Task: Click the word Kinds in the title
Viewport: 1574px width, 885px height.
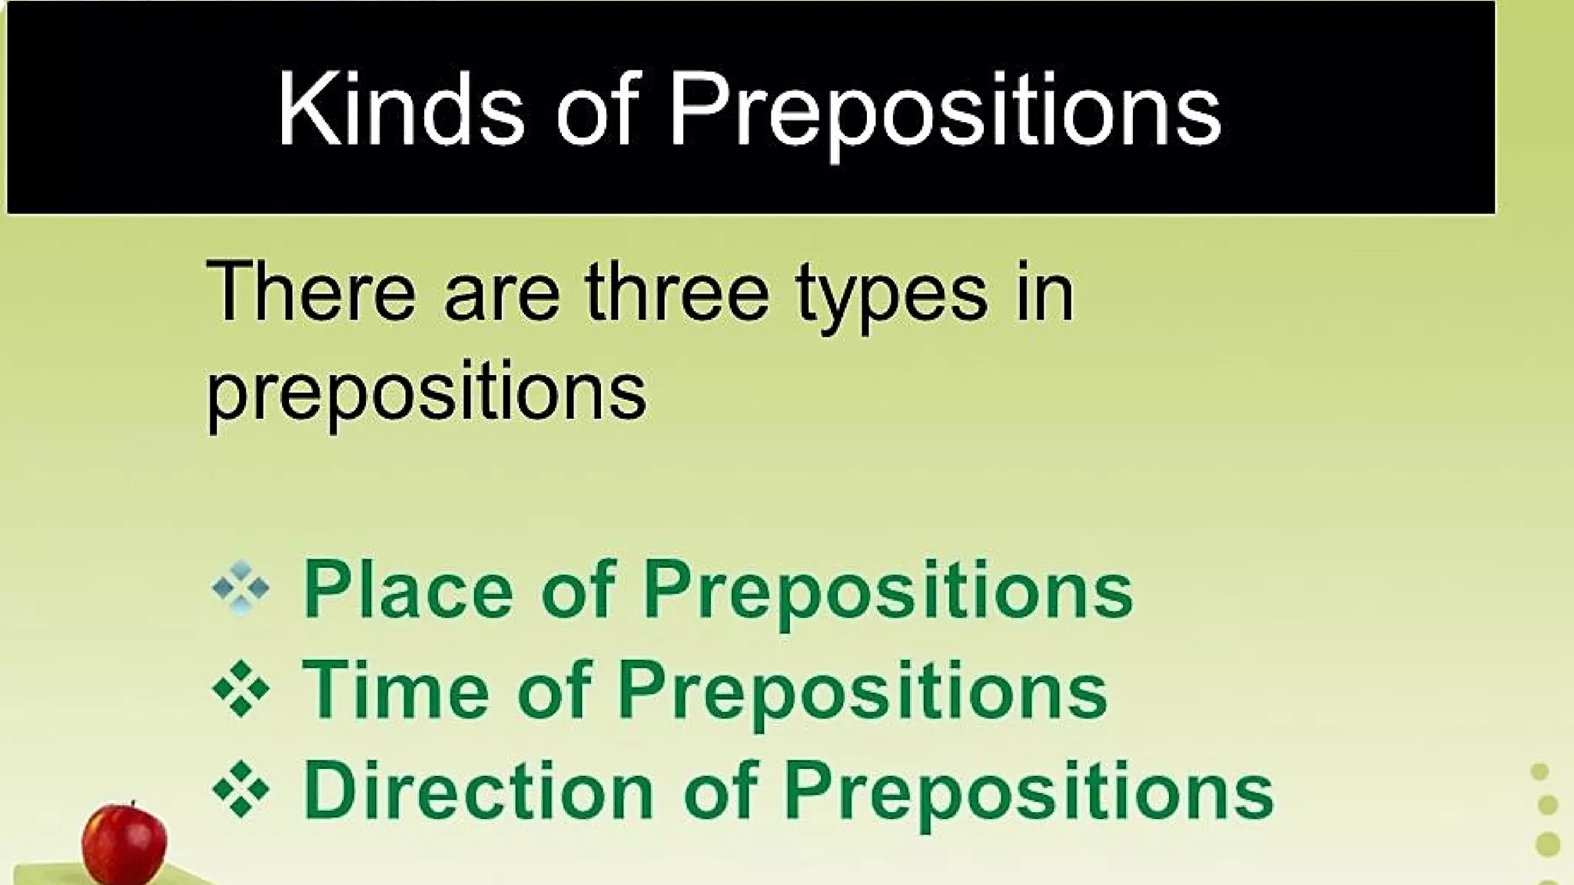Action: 400,109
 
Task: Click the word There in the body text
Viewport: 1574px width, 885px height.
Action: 310,293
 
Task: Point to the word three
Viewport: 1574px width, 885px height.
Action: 676,293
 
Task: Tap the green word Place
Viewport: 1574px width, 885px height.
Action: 408,590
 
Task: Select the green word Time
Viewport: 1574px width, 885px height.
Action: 396,689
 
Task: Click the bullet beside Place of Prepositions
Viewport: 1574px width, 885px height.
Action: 241,589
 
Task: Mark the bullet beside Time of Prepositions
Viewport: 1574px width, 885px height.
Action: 241,689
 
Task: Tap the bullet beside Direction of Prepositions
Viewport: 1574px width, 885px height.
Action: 241,789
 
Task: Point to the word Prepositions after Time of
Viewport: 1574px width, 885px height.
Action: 862,692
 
